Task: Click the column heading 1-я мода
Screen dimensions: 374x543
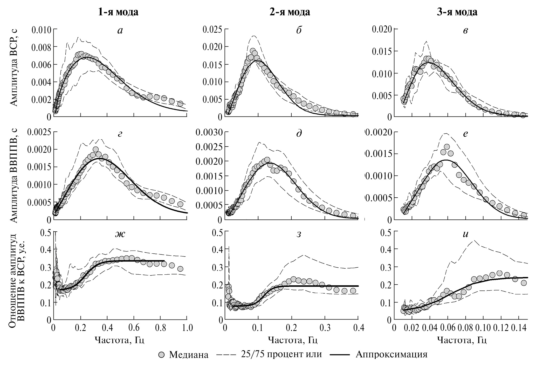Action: (118, 12)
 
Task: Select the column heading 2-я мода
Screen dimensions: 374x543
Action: (290, 12)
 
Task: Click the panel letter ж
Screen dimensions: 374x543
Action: (120, 234)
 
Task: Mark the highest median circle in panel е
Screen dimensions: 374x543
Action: (447, 147)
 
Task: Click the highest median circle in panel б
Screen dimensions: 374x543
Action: (253, 51)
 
